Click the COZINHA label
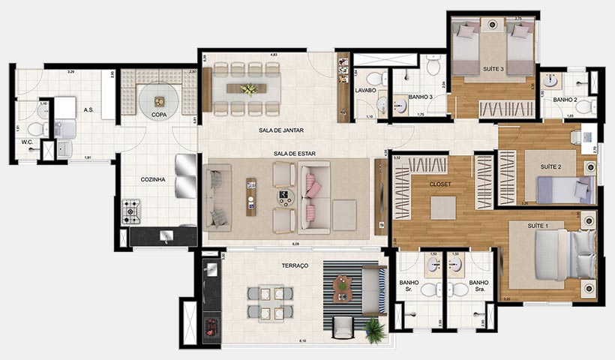tap(152, 179)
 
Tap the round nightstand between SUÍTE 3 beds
tap(493, 25)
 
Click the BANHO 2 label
tap(564, 99)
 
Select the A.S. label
tap(88, 110)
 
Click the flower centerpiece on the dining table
tap(248, 89)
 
